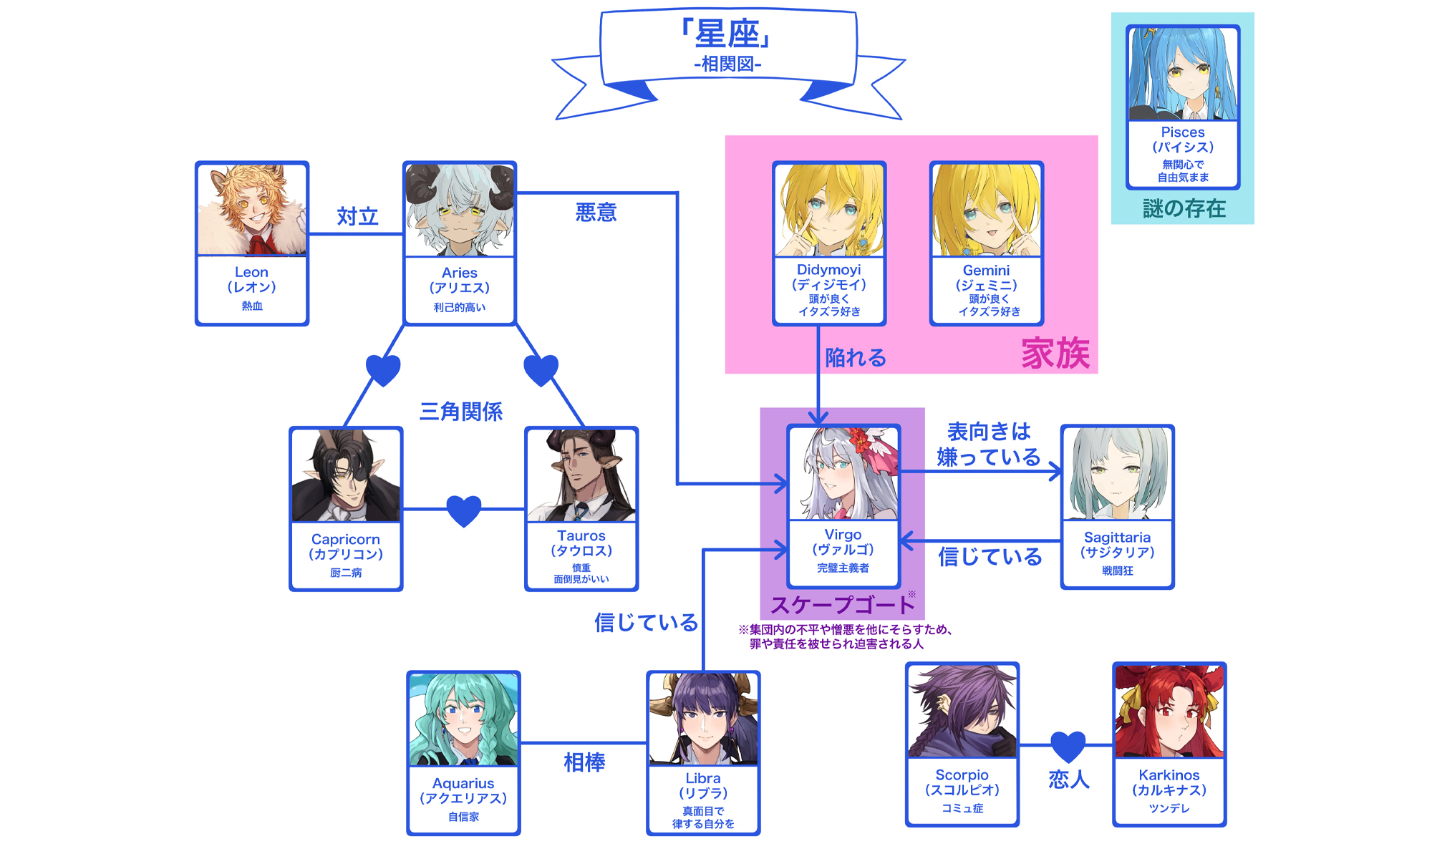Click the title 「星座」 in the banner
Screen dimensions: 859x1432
point(728,34)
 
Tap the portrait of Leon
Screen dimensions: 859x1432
point(252,210)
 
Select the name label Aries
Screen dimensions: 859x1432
point(459,273)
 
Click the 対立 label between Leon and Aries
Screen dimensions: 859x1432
point(357,216)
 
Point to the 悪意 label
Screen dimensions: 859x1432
point(596,213)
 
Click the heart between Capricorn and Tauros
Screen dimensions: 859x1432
point(464,510)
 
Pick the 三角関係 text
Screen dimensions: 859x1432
point(461,412)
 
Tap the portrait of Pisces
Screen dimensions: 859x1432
point(1183,74)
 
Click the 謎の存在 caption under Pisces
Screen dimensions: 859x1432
point(1184,209)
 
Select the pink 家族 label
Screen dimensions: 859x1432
point(1055,354)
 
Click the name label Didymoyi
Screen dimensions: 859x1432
point(828,270)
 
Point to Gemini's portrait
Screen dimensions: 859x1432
point(986,210)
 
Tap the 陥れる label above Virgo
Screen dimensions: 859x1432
point(856,357)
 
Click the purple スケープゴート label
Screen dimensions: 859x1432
point(842,606)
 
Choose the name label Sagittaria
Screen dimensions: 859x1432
point(1117,538)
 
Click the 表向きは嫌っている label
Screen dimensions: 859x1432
point(989,445)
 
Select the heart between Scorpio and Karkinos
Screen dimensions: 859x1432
point(1068,746)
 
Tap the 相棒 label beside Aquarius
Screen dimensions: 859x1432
point(584,762)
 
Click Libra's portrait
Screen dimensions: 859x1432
point(703,719)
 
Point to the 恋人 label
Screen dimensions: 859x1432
point(1069,780)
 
